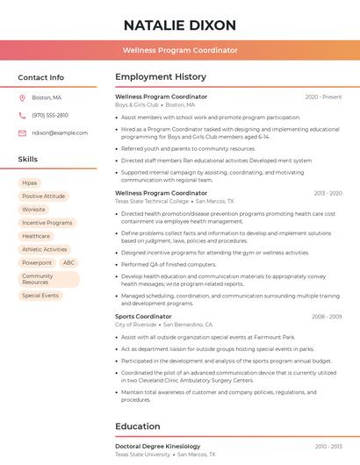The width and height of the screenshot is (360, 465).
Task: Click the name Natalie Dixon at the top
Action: [180, 25]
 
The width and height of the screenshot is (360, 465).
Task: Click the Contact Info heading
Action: [41, 77]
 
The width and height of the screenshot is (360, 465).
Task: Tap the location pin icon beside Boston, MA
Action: [23, 97]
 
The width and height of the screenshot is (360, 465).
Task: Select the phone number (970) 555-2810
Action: [50, 115]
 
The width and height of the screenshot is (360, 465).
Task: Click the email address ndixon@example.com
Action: [60, 132]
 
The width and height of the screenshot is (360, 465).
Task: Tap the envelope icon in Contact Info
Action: [23, 132]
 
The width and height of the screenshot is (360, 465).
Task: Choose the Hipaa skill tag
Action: [30, 183]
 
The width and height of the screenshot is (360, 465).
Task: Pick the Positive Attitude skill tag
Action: [44, 197]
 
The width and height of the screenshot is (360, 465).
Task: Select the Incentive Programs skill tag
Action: [47, 223]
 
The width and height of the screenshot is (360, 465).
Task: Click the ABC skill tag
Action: [68, 262]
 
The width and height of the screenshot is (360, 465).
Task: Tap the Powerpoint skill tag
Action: [37, 262]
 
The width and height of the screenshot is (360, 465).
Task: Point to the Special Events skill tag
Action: [40, 296]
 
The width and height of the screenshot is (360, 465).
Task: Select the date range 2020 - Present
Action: [323, 97]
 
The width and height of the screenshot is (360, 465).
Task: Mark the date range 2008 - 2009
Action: [327, 316]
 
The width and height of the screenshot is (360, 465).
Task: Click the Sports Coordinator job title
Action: [143, 316]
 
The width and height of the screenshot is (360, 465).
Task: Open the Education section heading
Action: [139, 426]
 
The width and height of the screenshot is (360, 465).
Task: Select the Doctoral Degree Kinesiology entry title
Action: [157, 447]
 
